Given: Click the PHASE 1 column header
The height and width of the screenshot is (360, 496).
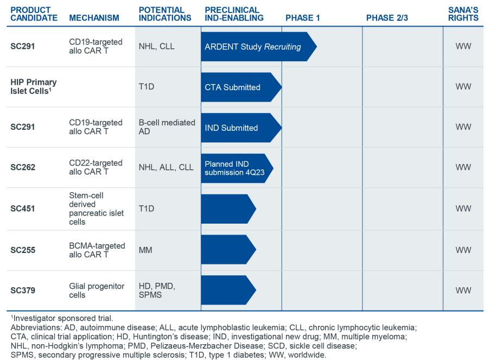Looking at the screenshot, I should coord(302,18).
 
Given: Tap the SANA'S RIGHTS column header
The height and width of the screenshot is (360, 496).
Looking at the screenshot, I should coord(463,14).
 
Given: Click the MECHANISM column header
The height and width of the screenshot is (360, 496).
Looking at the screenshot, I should coord(94,18).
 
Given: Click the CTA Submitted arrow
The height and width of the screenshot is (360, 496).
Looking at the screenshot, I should coord(239,87).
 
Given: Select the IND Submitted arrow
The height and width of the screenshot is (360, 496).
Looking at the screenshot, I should coord(239,128).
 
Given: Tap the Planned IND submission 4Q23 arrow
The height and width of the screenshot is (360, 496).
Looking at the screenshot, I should coord(234,168).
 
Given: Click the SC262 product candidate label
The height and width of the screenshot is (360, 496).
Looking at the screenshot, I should coord(23,167).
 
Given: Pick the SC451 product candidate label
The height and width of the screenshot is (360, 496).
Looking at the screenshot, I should coord(23,209).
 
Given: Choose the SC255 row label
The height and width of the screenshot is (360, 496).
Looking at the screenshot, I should coord(23,250).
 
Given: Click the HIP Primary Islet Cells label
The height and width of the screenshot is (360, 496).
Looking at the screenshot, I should coord(34,86).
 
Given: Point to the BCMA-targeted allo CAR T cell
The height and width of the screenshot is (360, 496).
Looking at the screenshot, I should coord(97,250).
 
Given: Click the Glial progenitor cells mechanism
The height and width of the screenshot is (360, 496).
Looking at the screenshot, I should coord(97,290).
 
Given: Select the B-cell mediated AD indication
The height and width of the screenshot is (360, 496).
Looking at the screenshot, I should coord(167,127).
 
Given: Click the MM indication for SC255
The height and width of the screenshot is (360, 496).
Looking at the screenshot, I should coord(145,250).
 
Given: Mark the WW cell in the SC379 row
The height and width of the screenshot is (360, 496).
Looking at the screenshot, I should coord(463,290).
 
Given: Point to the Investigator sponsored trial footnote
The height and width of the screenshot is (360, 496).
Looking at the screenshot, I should coord(62,318).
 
